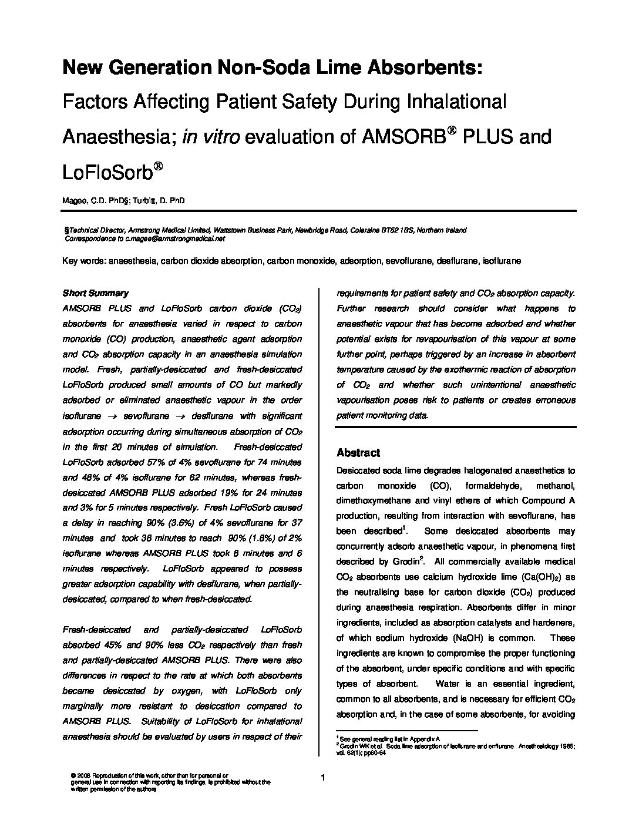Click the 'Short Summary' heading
[x=95, y=293]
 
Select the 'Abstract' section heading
[x=358, y=453]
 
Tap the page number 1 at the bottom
[x=323, y=778]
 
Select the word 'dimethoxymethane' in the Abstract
[x=372, y=501]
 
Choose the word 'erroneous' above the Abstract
[x=555, y=400]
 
